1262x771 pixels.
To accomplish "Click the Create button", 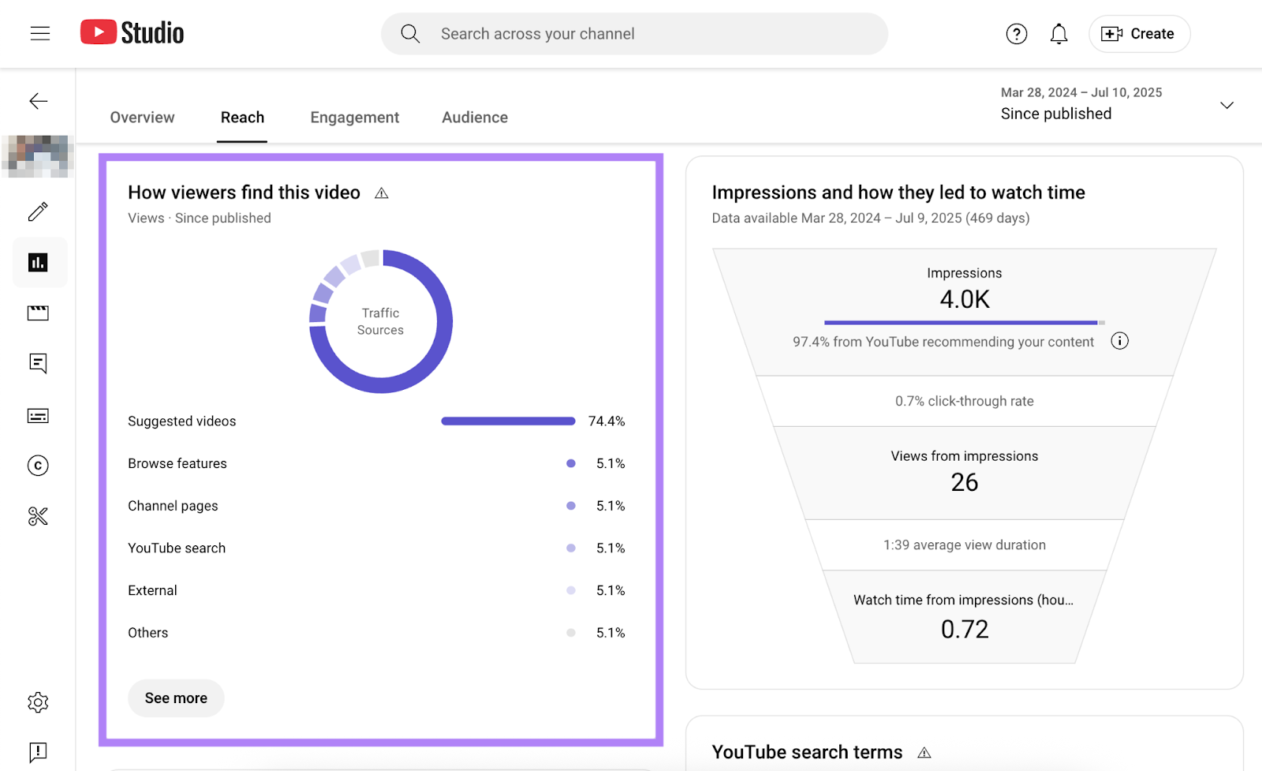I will (1139, 34).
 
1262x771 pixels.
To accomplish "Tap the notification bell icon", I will (1059, 34).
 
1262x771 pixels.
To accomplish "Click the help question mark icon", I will (1016, 34).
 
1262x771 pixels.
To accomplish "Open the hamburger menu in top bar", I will (40, 33).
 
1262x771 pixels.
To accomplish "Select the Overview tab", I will (142, 118).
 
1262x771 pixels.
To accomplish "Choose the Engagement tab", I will (354, 118).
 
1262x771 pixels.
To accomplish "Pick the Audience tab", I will (474, 118).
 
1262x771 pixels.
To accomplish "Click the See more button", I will (176, 698).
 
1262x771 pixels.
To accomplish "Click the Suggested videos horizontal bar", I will (508, 421).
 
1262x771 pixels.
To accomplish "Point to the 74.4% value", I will (606, 421).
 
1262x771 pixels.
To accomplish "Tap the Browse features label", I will (177, 464).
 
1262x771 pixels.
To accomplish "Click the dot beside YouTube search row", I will (571, 548).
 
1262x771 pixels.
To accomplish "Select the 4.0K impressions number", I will (964, 300).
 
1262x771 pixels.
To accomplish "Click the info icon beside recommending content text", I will (1119, 341).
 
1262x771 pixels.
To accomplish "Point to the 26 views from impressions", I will (964, 482).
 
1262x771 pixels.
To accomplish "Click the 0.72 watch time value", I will (964, 629).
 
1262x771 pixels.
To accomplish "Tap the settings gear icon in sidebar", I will (38, 702).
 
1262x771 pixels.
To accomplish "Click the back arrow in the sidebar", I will (38, 101).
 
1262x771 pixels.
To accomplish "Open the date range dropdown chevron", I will (1227, 105).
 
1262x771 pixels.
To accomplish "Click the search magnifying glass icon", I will (410, 34).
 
